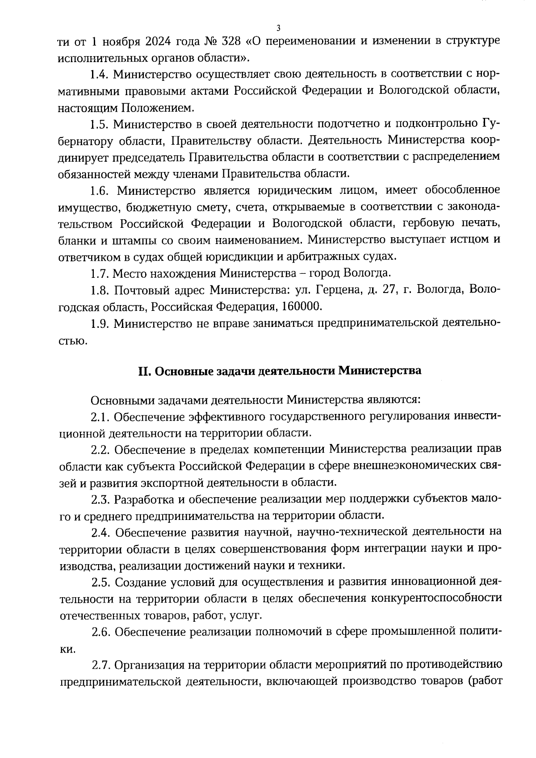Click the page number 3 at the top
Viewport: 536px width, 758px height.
coord(278,28)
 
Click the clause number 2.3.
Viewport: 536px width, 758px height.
coord(100,498)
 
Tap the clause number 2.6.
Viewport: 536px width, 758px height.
coord(101,632)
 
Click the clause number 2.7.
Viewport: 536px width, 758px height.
coord(101,665)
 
